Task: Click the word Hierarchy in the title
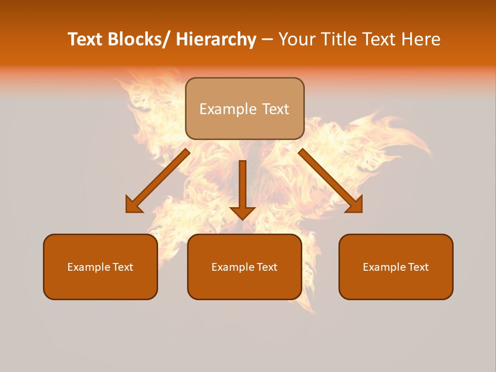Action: click(x=215, y=40)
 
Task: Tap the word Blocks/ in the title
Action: click(x=139, y=40)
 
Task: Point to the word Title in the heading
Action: click(x=338, y=40)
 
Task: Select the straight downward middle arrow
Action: click(x=242, y=186)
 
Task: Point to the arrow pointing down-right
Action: click(x=331, y=181)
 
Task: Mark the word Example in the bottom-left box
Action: click(x=88, y=267)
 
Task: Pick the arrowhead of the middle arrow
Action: click(x=242, y=212)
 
